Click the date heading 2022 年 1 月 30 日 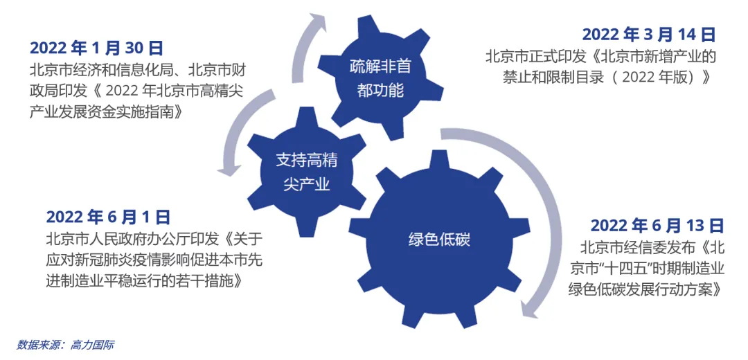96,48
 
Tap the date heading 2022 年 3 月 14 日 648,34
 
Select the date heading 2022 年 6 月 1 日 108,217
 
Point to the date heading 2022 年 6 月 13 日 656,225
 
